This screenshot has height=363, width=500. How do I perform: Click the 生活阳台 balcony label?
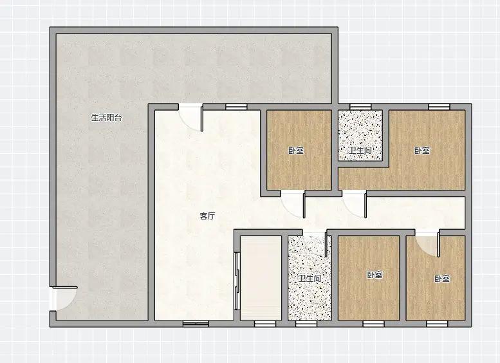107,118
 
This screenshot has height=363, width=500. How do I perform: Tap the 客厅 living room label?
207,216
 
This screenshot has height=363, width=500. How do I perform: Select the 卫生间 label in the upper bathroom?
360,150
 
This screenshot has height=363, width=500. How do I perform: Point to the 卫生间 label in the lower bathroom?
310,279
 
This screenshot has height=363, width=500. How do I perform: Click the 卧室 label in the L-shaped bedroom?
422,151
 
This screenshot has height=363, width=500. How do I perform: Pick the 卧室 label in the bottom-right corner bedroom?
442,279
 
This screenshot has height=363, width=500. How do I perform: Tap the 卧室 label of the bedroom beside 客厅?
296,151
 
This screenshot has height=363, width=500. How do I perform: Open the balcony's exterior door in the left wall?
64,299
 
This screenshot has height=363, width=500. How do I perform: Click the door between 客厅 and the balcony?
190,117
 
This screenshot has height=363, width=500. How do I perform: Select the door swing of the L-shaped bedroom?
355,205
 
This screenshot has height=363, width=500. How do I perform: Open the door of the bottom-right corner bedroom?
428,243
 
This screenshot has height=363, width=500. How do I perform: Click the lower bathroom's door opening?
315,243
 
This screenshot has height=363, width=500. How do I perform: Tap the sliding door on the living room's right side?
237,281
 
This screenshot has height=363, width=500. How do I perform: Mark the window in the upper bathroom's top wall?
360,107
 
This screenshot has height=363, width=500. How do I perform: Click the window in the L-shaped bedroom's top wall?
439,107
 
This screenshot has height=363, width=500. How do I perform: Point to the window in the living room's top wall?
236,107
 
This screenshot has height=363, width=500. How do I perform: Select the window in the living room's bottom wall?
196,324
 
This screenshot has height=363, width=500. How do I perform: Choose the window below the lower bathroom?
306,324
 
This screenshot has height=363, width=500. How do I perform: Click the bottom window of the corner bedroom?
437,324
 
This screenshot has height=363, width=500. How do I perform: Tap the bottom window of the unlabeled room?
265,324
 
